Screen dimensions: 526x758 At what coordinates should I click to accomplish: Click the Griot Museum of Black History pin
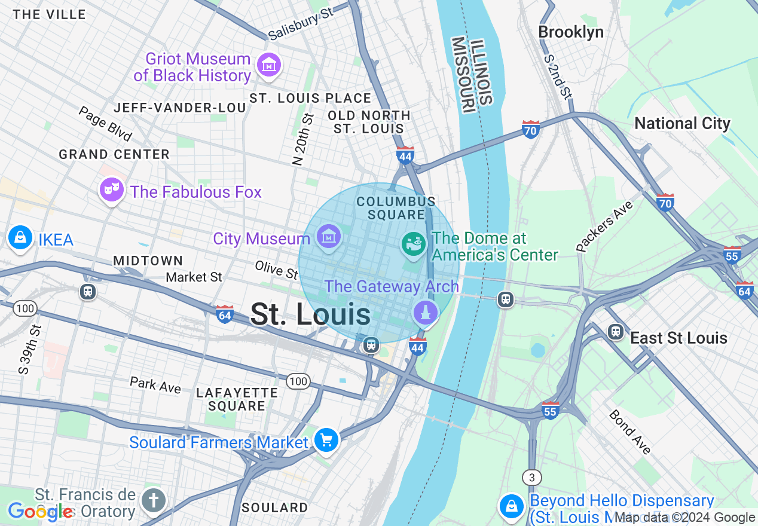tap(268, 65)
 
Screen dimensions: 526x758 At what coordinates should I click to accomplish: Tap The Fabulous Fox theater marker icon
tap(112, 189)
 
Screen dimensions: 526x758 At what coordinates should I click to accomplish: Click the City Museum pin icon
tap(328, 236)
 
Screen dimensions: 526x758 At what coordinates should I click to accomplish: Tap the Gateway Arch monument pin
tap(426, 312)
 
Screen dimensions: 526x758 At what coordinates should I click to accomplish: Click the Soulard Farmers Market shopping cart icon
tap(326, 441)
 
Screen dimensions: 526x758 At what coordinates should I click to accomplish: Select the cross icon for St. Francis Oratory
tap(154, 500)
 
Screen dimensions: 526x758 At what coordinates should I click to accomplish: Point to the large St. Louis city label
tap(310, 314)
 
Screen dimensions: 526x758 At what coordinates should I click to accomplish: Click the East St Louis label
tap(678, 338)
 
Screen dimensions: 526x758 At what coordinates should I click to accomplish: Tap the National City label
tap(682, 124)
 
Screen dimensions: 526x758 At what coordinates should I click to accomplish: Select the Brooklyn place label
tap(571, 32)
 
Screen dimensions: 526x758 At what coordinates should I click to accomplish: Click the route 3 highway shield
tap(531, 477)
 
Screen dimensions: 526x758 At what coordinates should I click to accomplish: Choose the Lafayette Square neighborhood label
tap(237, 399)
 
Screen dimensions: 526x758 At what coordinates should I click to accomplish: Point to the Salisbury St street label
tap(300, 25)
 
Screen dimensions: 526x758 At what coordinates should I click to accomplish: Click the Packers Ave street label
tap(604, 226)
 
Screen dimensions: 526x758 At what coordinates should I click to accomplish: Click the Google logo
tap(41, 511)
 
